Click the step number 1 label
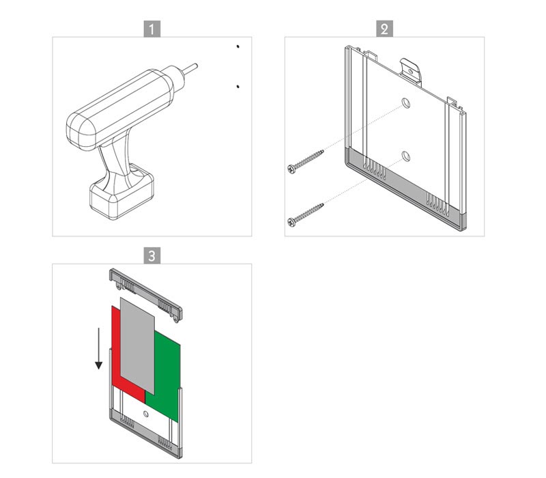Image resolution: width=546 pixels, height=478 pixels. click(152, 29)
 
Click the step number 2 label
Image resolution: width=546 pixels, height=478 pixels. click(384, 29)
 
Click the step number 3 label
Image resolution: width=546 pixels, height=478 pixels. click(152, 255)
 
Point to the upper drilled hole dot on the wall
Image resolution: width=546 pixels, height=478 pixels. click(238, 46)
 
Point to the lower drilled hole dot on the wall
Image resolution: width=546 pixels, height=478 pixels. click(238, 87)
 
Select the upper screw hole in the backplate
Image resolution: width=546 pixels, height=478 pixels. click(405, 104)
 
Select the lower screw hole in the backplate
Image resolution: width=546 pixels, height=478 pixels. click(405, 156)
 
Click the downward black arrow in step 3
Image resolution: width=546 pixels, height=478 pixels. click(99, 348)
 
